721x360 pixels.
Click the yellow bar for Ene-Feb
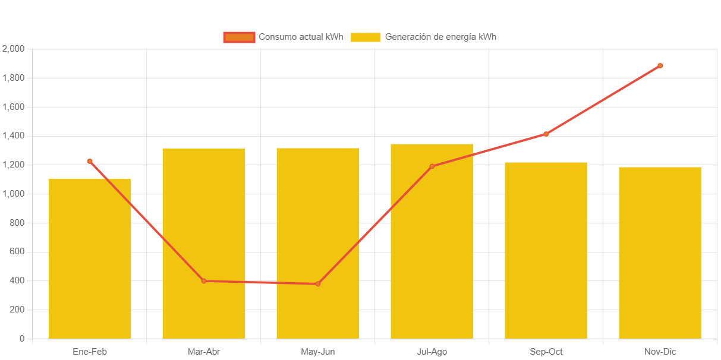point(90,259)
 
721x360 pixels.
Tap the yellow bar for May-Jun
point(318,244)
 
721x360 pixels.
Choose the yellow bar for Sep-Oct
point(546,251)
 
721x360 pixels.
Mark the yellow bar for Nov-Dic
point(660,253)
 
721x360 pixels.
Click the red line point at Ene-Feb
point(90,161)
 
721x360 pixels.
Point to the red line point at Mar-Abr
point(204,281)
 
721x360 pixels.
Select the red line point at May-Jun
point(318,284)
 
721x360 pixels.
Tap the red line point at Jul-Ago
point(432,166)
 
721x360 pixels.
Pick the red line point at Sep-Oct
point(546,134)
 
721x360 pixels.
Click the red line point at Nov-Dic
point(660,66)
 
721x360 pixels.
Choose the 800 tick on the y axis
point(17,223)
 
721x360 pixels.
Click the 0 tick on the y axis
point(22,339)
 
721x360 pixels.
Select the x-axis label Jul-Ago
point(432,352)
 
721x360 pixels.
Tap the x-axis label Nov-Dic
point(660,352)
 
